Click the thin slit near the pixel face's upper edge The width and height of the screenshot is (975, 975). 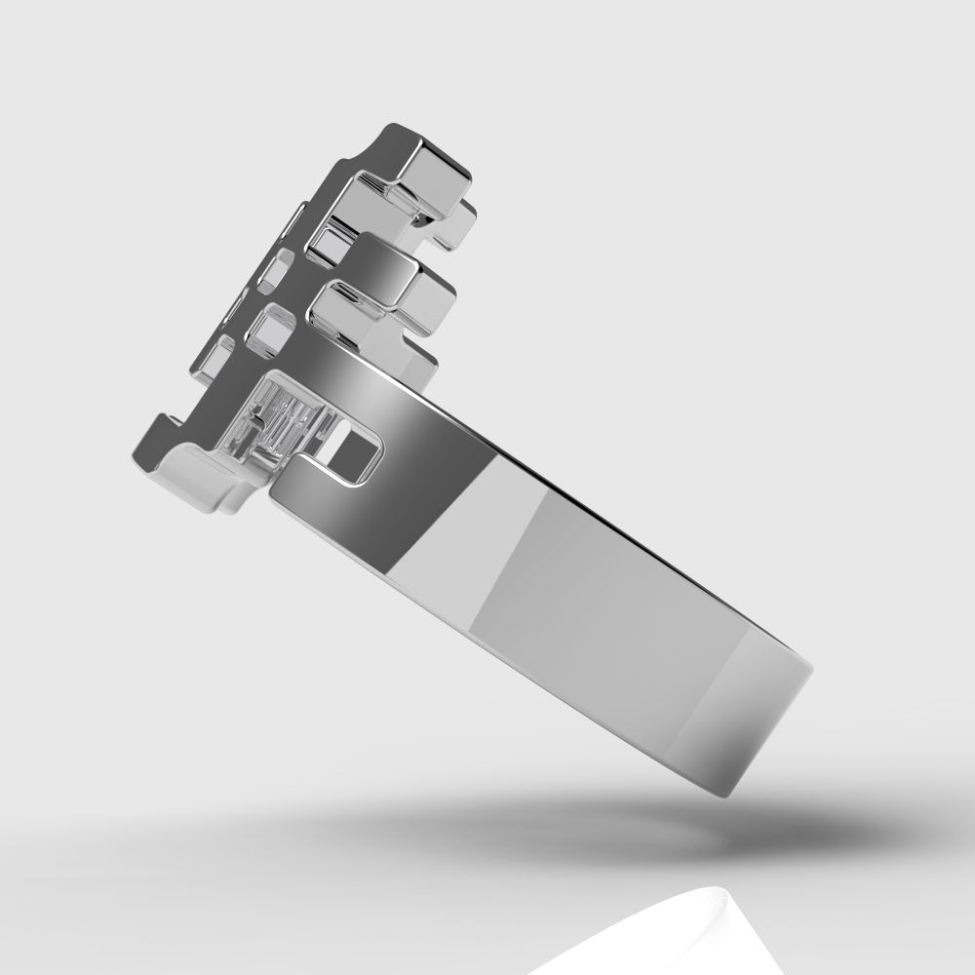[x=293, y=223]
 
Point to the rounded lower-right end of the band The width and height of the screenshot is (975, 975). [x=780, y=721]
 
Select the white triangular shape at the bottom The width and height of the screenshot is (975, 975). [x=721, y=936]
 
